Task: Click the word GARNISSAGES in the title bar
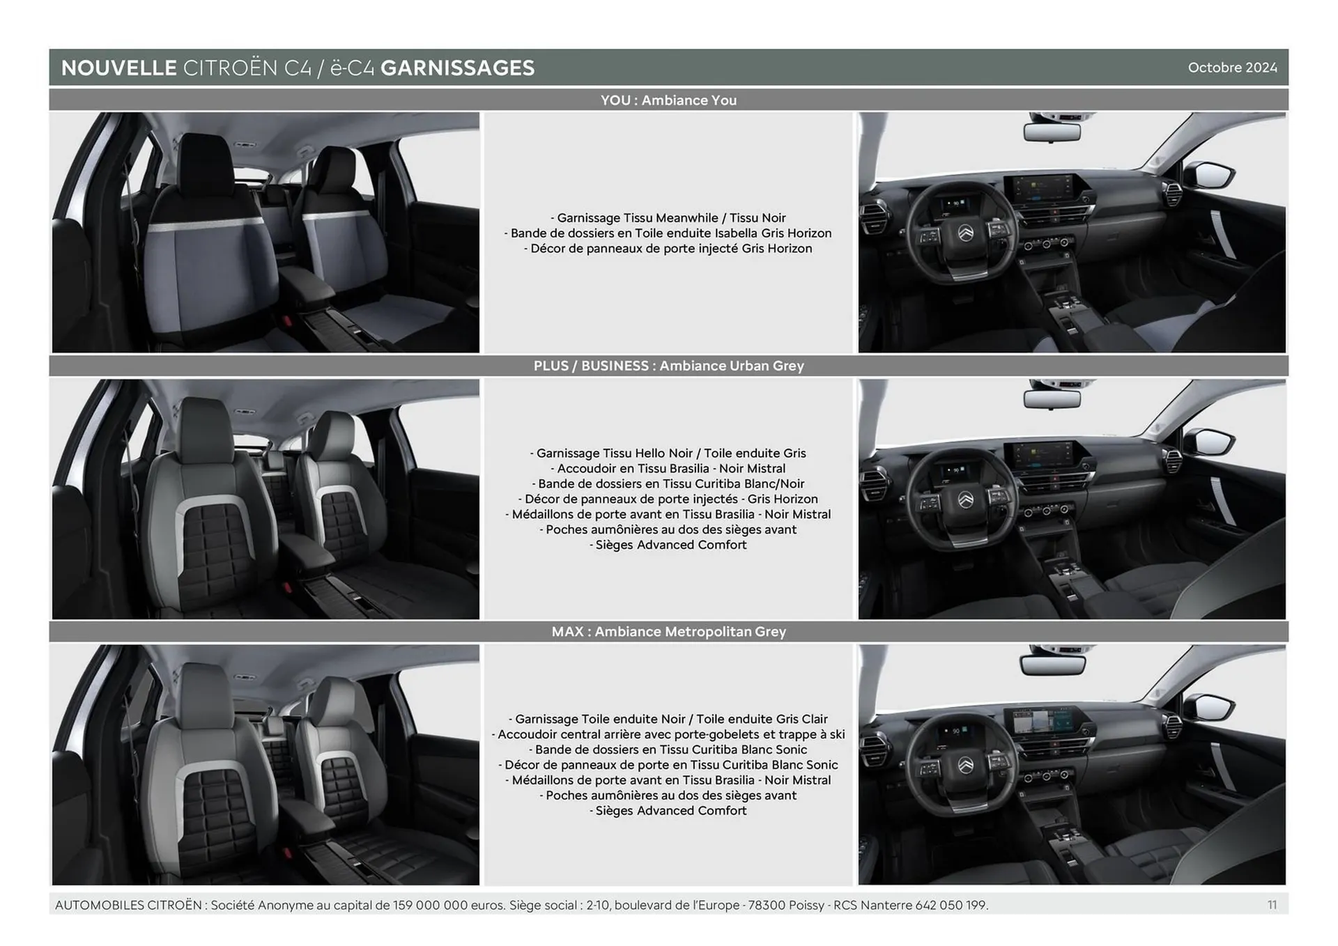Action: coord(457,68)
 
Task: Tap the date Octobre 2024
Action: coord(1232,68)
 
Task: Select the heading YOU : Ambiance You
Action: coord(668,100)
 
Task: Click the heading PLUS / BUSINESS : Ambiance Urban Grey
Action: coord(668,366)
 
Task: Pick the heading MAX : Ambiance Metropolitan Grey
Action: coord(668,632)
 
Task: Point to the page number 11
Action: coord(1272,905)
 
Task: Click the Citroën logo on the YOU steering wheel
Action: coord(966,232)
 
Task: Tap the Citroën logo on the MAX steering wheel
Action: coord(966,765)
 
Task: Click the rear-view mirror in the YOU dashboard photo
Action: coord(1052,130)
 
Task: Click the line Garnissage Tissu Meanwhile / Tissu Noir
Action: coord(668,218)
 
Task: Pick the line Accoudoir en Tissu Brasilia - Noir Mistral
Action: coord(668,469)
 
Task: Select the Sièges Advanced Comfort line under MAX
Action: coord(668,811)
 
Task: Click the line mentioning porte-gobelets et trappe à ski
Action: coord(668,734)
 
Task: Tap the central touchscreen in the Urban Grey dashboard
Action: coord(1040,456)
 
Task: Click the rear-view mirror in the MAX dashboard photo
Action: coord(1052,663)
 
